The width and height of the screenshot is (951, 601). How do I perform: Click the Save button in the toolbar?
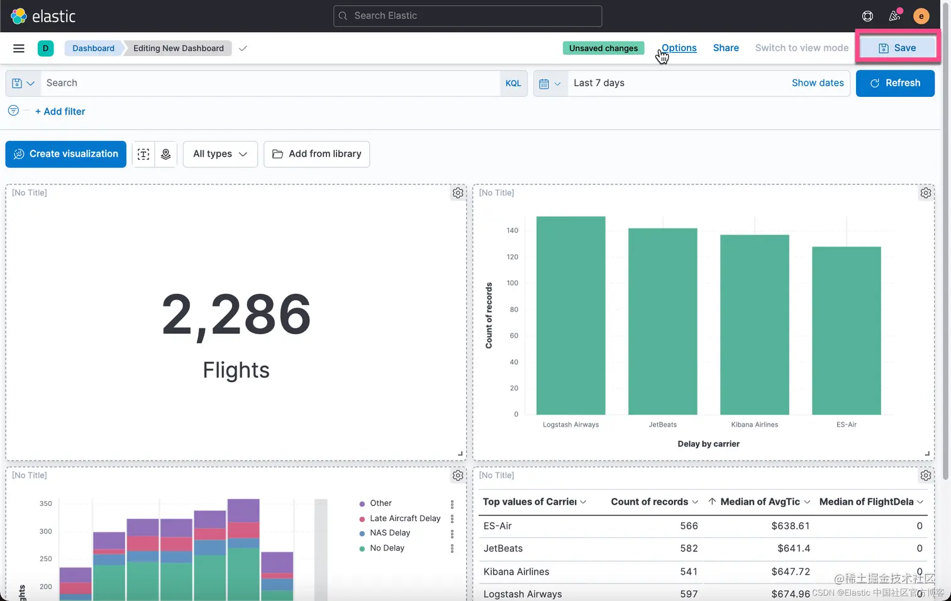point(897,48)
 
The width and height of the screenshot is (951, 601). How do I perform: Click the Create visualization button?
point(66,154)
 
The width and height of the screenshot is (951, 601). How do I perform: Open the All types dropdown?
point(220,154)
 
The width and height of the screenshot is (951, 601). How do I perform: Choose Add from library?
point(316,154)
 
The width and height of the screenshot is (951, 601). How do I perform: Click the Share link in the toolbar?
point(726,48)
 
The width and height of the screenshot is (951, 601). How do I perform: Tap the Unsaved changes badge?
point(603,48)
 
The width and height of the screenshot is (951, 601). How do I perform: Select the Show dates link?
point(818,83)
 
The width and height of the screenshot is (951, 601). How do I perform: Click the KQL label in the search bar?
point(513,83)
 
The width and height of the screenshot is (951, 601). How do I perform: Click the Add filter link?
point(60,111)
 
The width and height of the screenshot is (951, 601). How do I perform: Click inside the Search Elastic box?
point(467,16)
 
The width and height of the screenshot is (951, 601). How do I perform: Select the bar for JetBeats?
point(662,321)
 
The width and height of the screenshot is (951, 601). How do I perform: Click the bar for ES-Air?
point(846,330)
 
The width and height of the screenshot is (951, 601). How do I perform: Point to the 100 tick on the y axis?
point(513,283)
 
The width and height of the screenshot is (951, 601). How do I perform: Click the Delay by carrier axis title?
point(708,444)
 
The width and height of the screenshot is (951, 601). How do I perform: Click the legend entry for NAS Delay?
point(390,533)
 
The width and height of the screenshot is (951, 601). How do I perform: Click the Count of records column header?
point(649,502)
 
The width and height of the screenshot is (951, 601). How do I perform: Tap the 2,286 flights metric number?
point(236,314)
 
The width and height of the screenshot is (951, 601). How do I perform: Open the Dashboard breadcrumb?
point(93,48)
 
